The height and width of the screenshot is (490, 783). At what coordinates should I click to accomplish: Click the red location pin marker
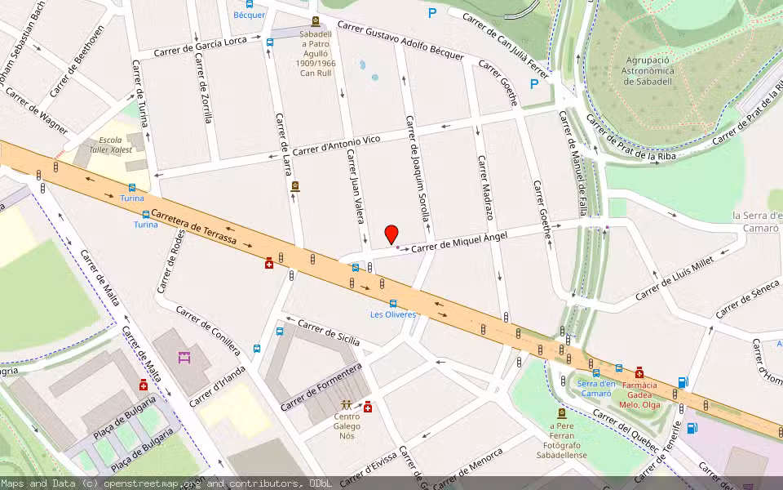coord(391,234)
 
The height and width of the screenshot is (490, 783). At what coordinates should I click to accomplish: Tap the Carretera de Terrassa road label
coord(194,226)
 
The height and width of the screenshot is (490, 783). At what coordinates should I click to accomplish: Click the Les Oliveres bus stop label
coord(393,314)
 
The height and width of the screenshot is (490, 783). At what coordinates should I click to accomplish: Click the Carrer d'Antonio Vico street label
coord(336,145)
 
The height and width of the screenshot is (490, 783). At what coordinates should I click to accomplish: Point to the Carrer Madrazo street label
coord(485,187)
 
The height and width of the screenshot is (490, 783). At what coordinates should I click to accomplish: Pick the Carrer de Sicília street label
coord(328,332)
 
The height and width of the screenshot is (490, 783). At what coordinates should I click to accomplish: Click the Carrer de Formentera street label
coord(321,387)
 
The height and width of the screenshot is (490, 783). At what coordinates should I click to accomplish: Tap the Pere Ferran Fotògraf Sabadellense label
coord(560,441)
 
